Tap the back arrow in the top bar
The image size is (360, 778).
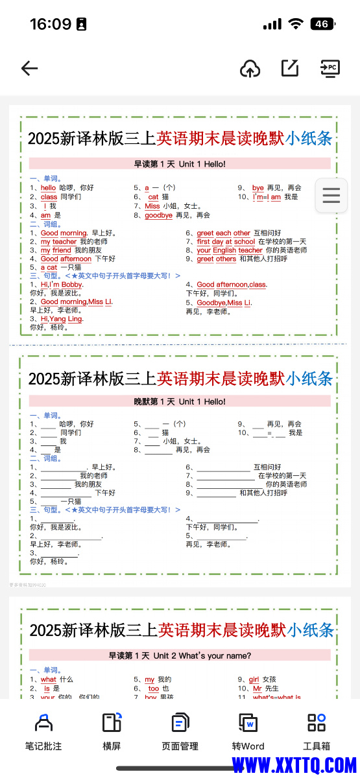(x=30, y=68)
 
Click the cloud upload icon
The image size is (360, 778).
(x=250, y=68)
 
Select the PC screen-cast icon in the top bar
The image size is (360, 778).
(x=330, y=68)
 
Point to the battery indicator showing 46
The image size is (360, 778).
(x=322, y=24)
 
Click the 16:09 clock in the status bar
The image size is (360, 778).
(x=51, y=24)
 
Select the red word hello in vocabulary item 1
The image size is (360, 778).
(x=49, y=188)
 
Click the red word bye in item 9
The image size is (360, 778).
(x=258, y=188)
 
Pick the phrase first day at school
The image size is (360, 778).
(x=226, y=242)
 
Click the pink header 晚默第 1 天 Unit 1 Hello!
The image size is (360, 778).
(x=180, y=402)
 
